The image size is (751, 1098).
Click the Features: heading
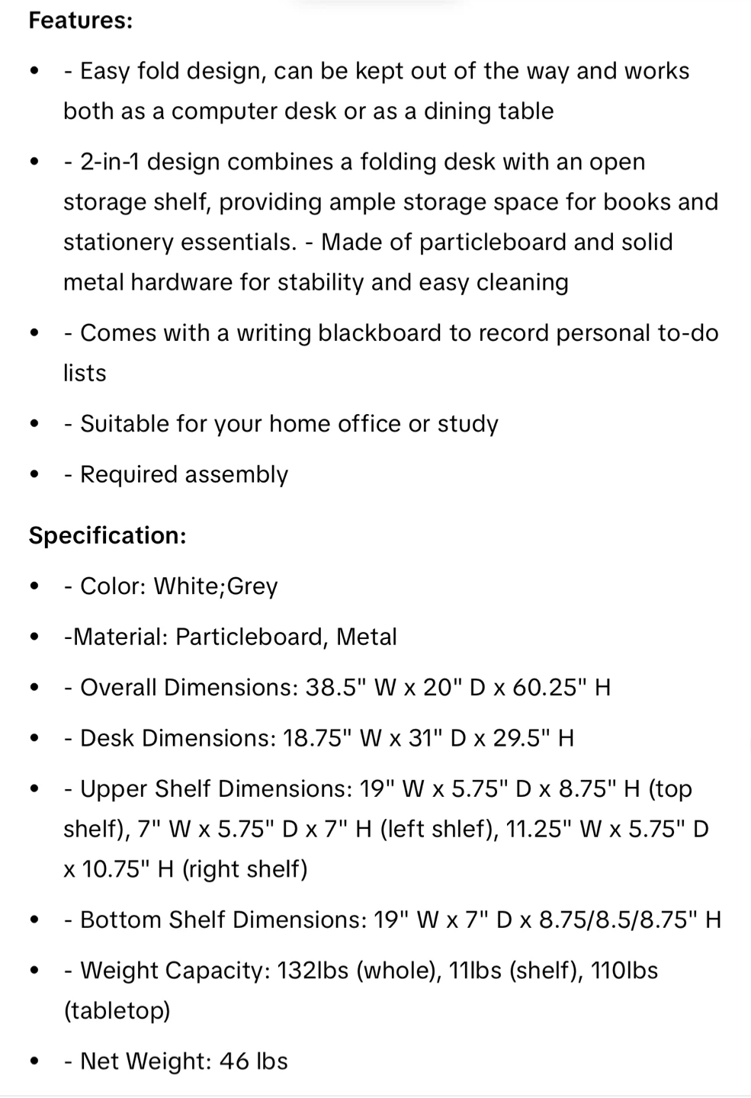(x=81, y=21)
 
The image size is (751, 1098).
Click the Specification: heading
(x=108, y=535)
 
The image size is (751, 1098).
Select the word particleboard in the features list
(x=493, y=242)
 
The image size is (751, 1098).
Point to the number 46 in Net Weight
(x=234, y=1061)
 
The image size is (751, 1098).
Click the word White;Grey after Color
(x=216, y=586)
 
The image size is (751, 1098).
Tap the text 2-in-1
(x=110, y=162)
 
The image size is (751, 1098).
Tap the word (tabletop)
(x=117, y=1011)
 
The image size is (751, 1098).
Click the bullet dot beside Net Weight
(x=34, y=1061)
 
